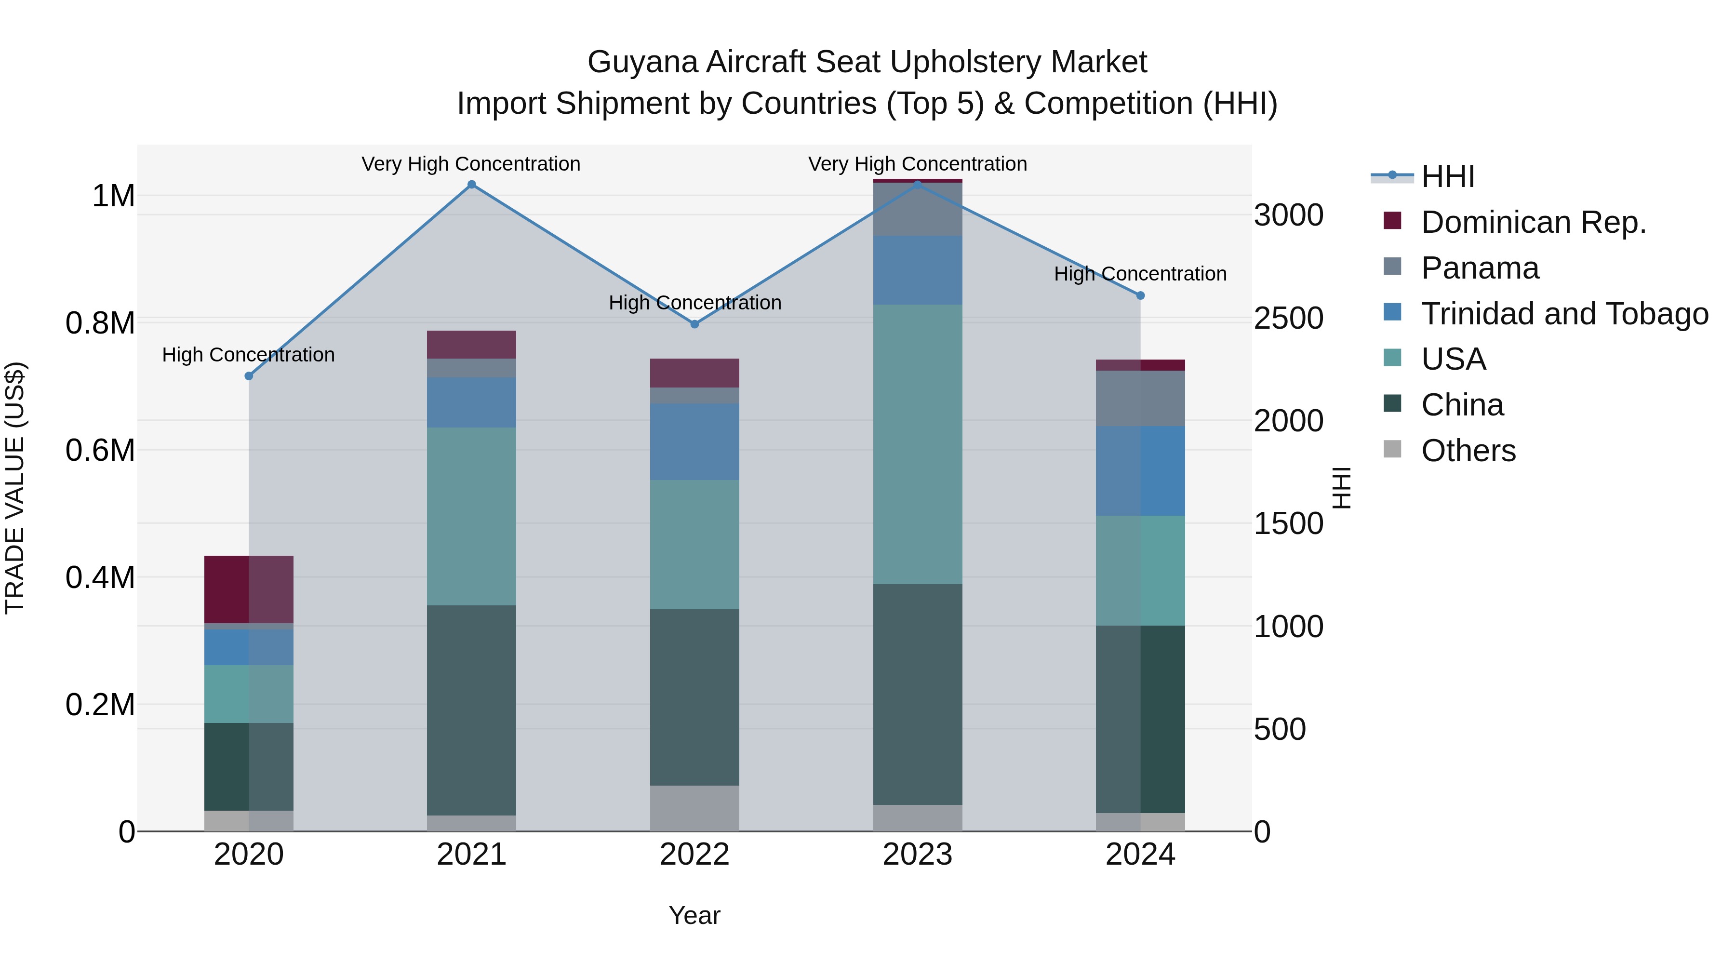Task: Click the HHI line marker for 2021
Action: [471, 185]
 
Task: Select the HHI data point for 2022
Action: [694, 324]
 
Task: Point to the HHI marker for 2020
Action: [249, 376]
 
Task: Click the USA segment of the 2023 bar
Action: [917, 444]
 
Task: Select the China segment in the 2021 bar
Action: [471, 710]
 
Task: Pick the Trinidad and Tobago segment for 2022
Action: [694, 442]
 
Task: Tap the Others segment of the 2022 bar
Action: [694, 808]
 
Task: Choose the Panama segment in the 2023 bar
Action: [917, 209]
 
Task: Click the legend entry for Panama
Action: [1480, 268]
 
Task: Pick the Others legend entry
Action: [1468, 451]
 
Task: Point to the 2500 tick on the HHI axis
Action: [1288, 319]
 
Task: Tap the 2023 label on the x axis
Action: [917, 855]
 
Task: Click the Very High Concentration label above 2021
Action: [471, 164]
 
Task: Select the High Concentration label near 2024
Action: [1140, 274]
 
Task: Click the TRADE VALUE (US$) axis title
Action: [15, 488]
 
